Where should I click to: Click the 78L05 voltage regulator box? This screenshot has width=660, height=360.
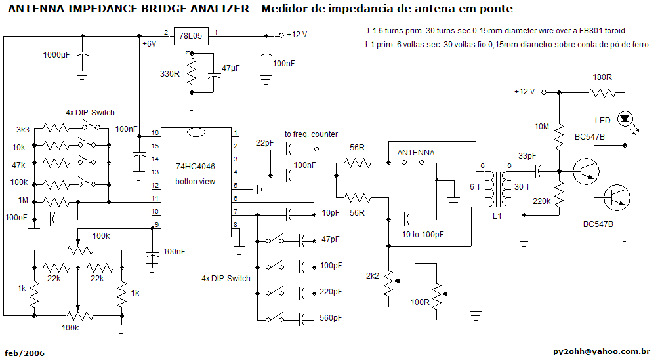coord(190,35)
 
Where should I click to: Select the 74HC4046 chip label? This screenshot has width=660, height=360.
coord(195,167)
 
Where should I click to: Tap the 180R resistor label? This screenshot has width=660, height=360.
coord(602,77)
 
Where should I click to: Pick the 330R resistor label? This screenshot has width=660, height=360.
coord(170,74)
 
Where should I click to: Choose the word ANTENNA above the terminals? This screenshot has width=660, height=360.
coord(416,152)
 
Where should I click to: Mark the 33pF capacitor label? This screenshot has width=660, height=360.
coord(527,156)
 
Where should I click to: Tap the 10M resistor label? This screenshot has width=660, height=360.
coord(541,126)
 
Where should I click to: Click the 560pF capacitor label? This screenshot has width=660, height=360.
coord(331,318)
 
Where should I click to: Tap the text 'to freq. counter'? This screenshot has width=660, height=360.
coord(311,134)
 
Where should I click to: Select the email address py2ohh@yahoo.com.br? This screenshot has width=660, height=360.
coord(602,352)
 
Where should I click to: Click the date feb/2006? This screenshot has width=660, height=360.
coord(24,353)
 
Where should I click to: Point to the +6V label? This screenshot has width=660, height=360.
coord(149,44)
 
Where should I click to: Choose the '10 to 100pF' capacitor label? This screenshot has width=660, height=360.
coord(421,234)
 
